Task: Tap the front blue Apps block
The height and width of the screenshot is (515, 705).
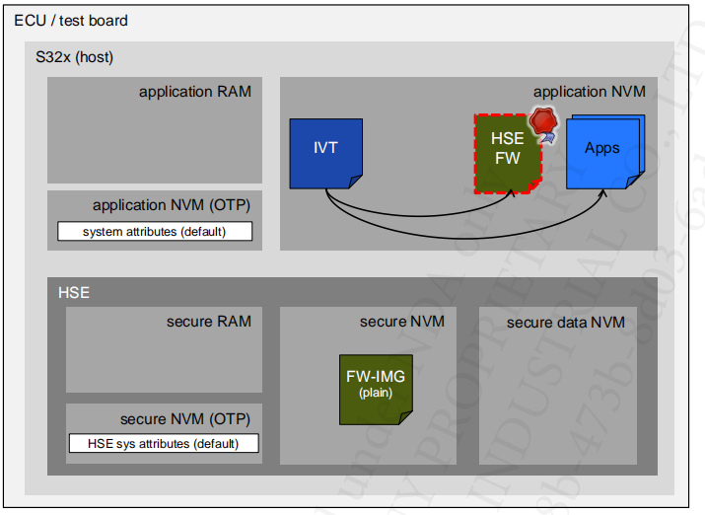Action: (601, 150)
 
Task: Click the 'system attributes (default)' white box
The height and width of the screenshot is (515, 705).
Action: (155, 232)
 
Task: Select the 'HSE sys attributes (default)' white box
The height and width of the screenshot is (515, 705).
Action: (164, 443)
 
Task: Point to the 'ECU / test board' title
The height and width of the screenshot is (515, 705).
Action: (71, 21)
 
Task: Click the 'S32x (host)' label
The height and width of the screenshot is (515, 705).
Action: (74, 57)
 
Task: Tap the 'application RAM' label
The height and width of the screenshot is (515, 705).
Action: (194, 92)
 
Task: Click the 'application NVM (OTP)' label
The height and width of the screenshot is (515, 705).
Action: (171, 205)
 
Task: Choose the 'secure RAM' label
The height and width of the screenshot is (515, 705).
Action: (208, 322)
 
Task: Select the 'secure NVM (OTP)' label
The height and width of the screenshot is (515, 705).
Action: (184, 419)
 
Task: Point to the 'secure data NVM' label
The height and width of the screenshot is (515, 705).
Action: (565, 323)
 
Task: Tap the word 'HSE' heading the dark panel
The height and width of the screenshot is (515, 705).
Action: (73, 293)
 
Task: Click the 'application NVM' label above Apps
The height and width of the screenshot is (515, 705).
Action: (589, 92)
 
